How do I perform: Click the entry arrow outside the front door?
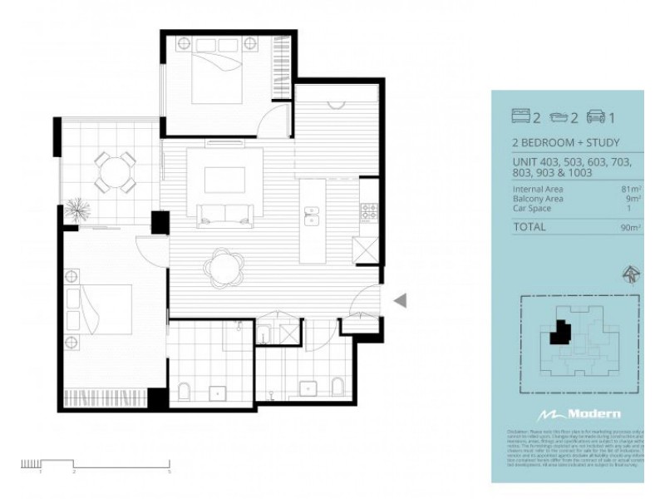(400, 301)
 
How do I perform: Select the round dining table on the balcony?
(114, 171)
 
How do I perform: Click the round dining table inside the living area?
(224, 266)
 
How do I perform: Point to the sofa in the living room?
(225, 214)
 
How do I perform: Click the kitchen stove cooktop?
(368, 211)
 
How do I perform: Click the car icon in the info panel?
(595, 117)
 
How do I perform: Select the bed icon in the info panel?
(520, 117)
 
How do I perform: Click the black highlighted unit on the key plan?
(560, 331)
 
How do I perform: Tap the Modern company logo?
(579, 413)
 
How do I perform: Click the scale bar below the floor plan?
(96, 463)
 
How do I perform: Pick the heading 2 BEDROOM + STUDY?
(565, 143)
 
